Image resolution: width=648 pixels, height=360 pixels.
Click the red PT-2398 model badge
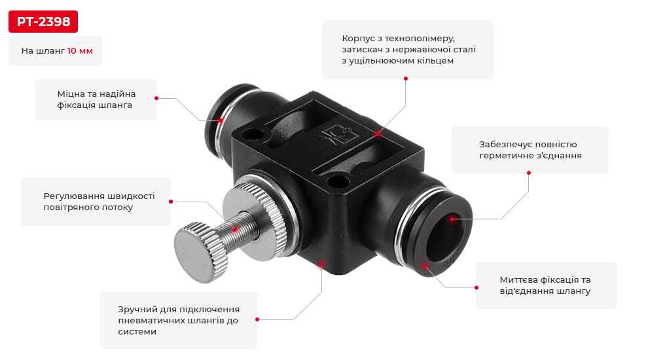(x=43, y=22)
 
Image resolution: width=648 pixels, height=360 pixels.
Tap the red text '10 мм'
(x=80, y=51)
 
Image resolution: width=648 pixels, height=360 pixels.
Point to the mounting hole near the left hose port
(x=253, y=134)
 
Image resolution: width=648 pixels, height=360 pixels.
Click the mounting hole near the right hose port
(x=337, y=181)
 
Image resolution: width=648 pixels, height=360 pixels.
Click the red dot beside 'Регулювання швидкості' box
(x=171, y=202)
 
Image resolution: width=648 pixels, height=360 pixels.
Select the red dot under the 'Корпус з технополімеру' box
(x=406, y=79)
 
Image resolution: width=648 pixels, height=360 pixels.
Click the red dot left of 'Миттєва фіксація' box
(x=477, y=287)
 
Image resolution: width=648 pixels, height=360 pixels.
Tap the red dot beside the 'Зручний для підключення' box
(x=257, y=319)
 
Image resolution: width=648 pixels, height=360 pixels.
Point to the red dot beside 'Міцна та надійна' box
(x=156, y=98)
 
